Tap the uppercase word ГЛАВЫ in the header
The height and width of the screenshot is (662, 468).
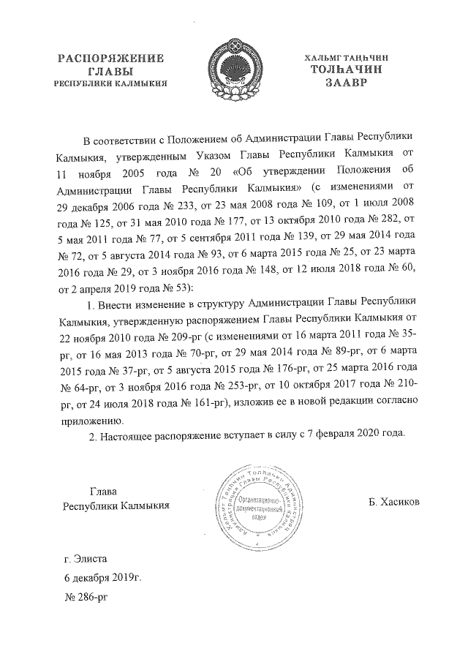point(110,70)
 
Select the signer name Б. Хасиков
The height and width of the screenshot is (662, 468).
point(394,504)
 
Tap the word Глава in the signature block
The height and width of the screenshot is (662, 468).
point(103,492)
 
